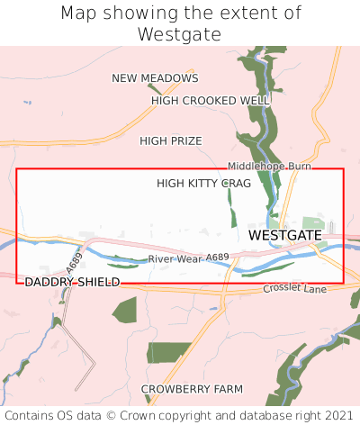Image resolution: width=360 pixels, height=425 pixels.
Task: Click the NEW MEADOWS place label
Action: [x=155, y=78]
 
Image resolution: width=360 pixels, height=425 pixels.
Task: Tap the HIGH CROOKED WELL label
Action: [x=211, y=101]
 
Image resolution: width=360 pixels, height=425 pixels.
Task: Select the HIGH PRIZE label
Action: [x=171, y=140]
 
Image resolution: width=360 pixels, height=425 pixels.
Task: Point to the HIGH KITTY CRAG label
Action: [x=203, y=183]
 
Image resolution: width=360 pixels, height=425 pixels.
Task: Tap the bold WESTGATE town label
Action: [x=284, y=235]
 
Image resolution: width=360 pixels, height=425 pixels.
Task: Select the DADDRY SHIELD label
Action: [x=72, y=282]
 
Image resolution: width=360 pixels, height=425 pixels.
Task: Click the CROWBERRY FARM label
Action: [x=192, y=389]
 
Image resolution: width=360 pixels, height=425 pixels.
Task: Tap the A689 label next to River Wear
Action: [x=217, y=258]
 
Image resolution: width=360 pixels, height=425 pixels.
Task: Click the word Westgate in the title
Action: [x=180, y=34]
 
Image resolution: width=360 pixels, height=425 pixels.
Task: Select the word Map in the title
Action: [x=78, y=14]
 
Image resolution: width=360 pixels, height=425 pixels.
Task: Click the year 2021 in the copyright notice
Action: [x=337, y=415]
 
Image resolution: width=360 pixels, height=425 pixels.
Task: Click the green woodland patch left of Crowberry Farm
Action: [x=168, y=352]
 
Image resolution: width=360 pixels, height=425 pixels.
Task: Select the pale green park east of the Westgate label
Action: [x=314, y=223]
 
